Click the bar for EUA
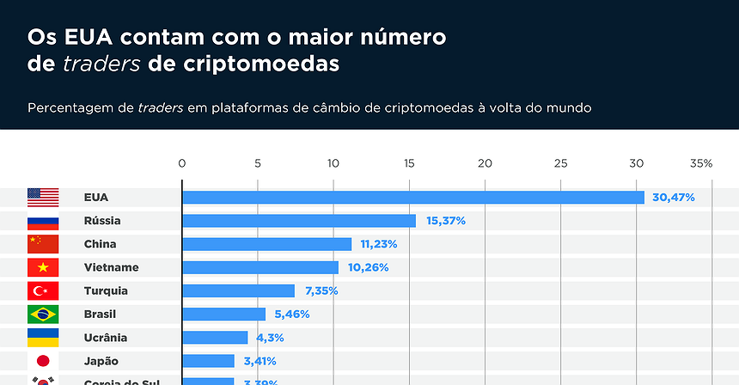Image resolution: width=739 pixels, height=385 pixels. point(413,198)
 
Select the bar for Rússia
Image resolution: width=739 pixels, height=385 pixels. point(299,221)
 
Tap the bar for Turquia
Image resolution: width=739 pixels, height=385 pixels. point(238,290)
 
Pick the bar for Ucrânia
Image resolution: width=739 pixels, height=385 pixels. point(215,338)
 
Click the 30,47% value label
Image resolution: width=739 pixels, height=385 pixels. point(673,198)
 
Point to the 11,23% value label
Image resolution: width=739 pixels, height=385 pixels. point(378,244)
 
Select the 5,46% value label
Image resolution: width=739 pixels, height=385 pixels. point(291,315)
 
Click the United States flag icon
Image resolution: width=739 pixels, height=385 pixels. point(43,198)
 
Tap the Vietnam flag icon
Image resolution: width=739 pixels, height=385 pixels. point(43,267)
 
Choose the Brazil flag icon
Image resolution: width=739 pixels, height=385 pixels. point(43,315)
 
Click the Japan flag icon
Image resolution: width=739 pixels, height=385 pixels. point(43,361)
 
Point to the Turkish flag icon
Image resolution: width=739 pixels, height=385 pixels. point(43,290)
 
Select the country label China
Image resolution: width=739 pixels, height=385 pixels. point(100,244)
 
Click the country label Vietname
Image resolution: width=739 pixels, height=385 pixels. point(111,267)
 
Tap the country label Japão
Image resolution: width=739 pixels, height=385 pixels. point(101,361)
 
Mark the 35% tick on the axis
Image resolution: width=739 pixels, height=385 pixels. point(701,163)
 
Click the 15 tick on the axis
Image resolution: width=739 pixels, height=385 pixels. point(409,163)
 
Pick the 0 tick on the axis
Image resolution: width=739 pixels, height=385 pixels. point(181,163)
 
